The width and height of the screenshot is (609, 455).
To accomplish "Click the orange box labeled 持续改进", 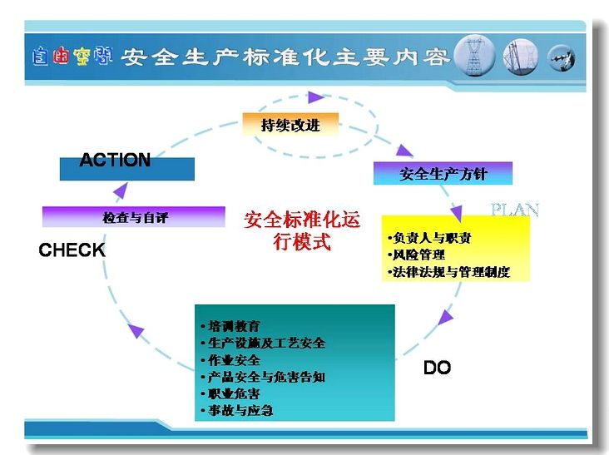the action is click(290, 125).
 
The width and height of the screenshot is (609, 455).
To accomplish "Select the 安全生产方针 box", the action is click(443, 173).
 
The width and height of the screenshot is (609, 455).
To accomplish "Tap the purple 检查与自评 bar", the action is click(134, 216).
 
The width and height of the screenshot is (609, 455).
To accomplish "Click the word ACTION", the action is click(115, 160).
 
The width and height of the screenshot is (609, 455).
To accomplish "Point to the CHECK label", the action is click(72, 250).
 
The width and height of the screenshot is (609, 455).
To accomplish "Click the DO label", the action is click(437, 368).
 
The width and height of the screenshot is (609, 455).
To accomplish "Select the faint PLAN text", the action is click(515, 210).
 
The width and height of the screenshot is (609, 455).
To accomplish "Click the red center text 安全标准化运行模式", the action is click(302, 231).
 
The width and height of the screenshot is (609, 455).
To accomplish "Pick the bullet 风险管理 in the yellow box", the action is click(416, 255).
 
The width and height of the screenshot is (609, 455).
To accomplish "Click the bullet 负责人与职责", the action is click(429, 238).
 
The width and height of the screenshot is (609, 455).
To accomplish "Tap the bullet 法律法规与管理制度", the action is click(448, 272).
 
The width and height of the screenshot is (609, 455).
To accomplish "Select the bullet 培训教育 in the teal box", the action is click(230, 326).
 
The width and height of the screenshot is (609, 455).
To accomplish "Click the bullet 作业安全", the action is click(230, 360).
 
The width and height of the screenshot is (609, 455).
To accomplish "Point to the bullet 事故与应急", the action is click(237, 410).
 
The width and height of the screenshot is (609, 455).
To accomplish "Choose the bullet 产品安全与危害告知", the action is click(263, 377).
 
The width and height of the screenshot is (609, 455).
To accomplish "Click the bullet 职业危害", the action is click(230, 394).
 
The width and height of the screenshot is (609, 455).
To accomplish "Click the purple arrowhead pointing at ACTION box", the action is click(121, 190).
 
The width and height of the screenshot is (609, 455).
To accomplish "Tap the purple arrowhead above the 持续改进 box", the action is click(316, 97).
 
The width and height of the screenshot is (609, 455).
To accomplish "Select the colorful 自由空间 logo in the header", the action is click(72, 57).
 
